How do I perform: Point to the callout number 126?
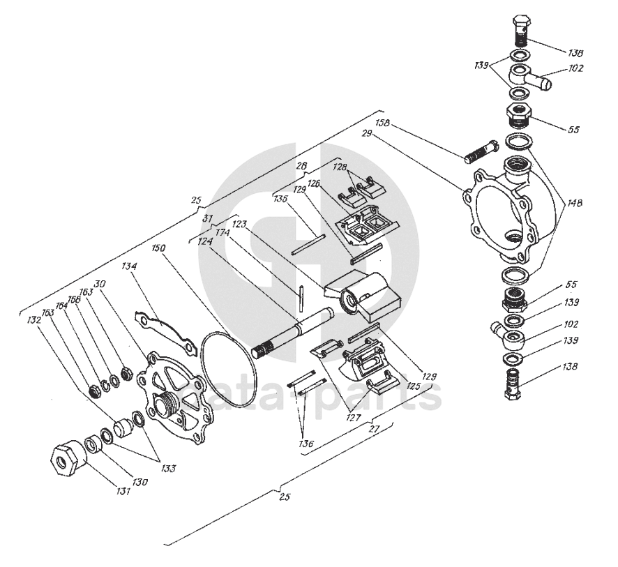tap(314, 183)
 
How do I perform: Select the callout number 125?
tap(414, 385)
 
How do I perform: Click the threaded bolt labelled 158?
tap(479, 151)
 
